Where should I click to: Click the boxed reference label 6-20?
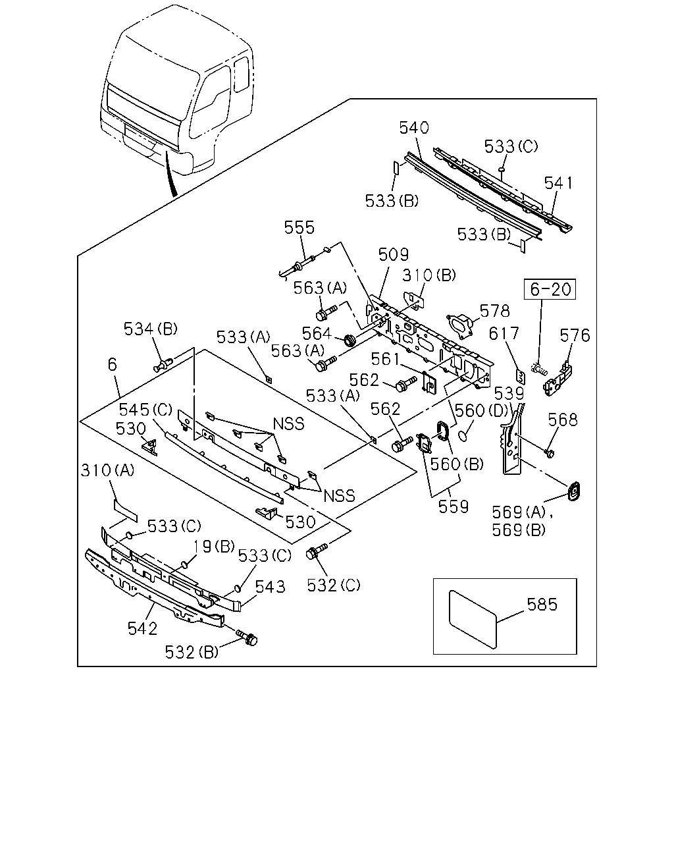[x=550, y=290]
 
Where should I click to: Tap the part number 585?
[x=542, y=605]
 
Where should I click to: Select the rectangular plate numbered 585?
[x=473, y=620]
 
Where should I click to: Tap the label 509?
[x=393, y=255]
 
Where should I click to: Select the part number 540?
[x=414, y=128]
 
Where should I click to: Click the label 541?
[x=558, y=183]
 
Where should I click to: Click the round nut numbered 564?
[x=350, y=340]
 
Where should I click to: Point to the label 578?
[x=495, y=311]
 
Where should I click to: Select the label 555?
[x=299, y=228]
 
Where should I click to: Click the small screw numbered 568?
[x=549, y=454]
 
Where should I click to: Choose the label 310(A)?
[x=108, y=470]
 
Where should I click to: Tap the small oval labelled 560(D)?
[x=463, y=435]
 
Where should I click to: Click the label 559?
[x=454, y=507]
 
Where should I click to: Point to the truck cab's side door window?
[x=211, y=103]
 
